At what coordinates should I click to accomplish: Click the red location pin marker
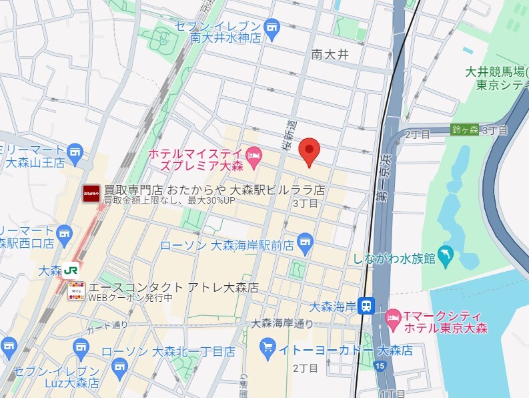308,152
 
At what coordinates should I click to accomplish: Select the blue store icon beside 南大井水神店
272,27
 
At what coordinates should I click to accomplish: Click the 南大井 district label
330,54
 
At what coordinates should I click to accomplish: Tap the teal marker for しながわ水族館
446,254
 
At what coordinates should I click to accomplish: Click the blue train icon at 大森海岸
366,306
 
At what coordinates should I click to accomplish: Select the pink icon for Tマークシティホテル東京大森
394,315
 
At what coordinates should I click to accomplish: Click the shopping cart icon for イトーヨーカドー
268,347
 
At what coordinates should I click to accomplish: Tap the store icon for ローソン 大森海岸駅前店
305,240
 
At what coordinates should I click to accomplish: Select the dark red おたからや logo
91,193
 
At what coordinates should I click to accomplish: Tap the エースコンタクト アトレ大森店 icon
76,291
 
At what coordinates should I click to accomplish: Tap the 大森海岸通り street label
282,323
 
